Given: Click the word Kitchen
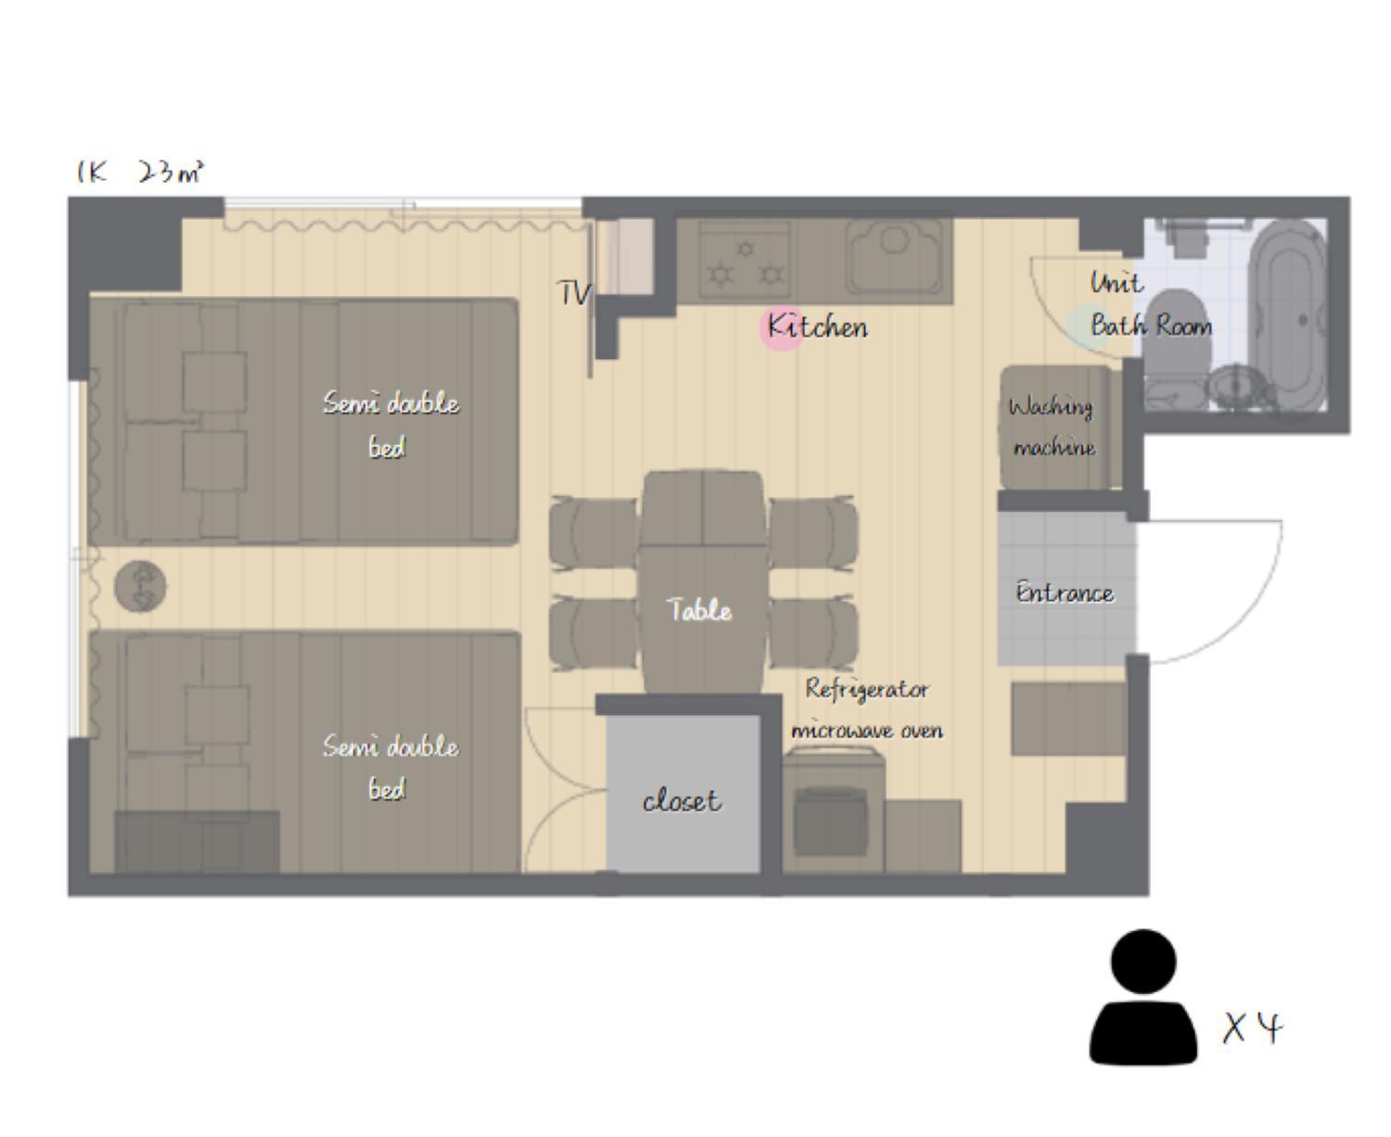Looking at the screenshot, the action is click(x=818, y=326).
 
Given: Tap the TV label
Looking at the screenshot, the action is click(x=574, y=293).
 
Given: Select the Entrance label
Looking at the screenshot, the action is click(x=1065, y=593).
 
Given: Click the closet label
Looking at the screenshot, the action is click(x=682, y=800).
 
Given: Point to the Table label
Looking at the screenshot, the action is click(x=699, y=609).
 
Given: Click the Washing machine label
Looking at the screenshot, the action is click(x=1053, y=426).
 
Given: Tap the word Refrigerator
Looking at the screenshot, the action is click(x=867, y=689).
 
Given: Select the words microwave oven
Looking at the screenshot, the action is click(x=867, y=730).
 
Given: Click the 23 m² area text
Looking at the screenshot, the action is click(x=171, y=172).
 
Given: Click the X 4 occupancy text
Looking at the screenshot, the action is click(x=1253, y=1028).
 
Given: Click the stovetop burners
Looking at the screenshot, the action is click(x=746, y=261).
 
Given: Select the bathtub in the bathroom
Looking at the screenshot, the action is click(x=1287, y=315).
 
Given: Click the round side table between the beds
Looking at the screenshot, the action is click(x=140, y=586).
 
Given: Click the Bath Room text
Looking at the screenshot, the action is click(x=1151, y=326).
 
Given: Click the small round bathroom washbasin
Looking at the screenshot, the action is click(x=1234, y=387).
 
